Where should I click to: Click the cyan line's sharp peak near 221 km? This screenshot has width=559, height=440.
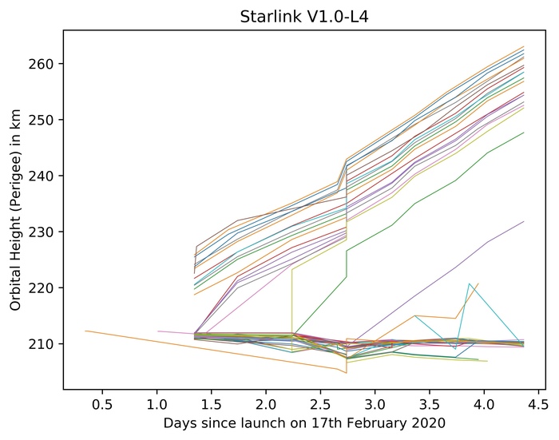tap(469, 283)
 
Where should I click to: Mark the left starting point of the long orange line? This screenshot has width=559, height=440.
tap(85, 331)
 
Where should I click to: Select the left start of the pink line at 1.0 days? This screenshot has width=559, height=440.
tap(157, 331)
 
